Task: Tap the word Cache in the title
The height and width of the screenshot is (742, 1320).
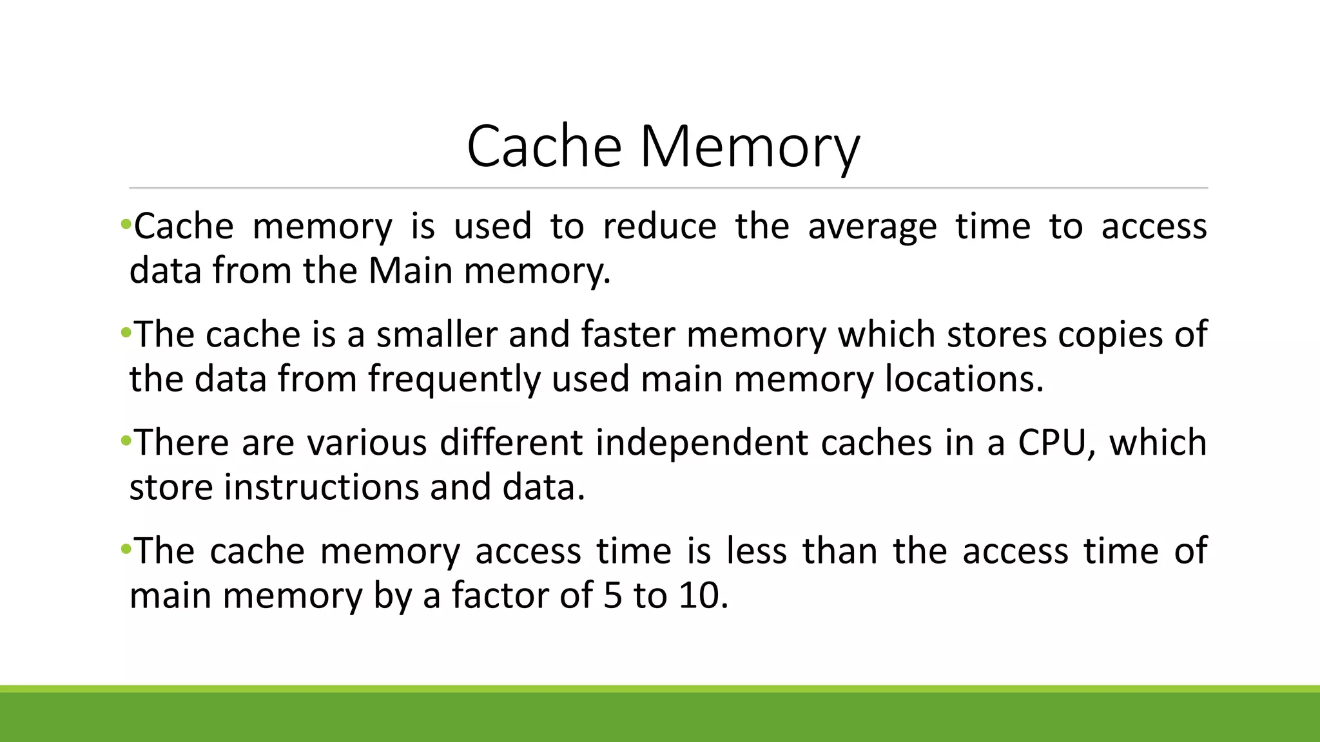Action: [x=543, y=147]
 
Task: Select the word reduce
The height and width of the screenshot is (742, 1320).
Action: [x=659, y=227]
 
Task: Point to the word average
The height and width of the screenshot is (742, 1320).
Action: [x=872, y=227]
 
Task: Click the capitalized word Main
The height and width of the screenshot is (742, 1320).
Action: [x=411, y=271]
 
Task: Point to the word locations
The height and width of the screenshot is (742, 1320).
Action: [x=964, y=379]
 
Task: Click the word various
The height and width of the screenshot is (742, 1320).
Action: [x=366, y=443]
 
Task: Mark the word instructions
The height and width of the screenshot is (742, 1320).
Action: [x=320, y=487]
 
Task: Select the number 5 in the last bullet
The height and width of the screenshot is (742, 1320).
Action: [x=613, y=595]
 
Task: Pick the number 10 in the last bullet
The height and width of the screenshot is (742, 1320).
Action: [x=703, y=595]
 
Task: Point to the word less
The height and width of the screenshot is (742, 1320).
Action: [x=756, y=551]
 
